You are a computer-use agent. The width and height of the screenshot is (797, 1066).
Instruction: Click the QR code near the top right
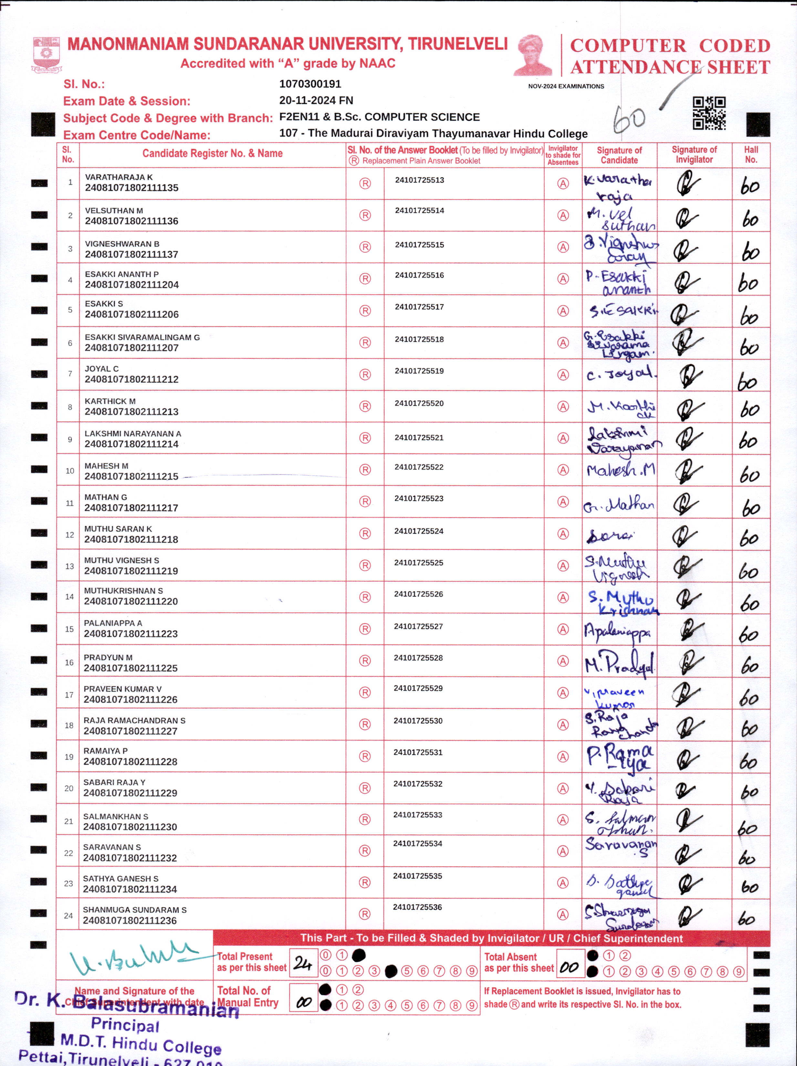pos(709,113)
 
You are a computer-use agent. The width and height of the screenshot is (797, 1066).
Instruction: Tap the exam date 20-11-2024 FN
pos(316,100)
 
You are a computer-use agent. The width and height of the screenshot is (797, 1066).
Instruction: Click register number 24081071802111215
pos(131,476)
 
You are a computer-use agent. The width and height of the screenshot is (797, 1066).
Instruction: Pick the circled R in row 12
pos(365,533)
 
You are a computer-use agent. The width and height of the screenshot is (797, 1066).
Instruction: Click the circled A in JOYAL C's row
pos(563,374)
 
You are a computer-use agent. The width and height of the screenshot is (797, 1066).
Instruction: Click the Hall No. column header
pos(751,155)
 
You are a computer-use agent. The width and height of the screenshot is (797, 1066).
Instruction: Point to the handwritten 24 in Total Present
pos(303,963)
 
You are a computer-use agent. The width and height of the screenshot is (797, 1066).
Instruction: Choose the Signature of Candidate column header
pos(619,155)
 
